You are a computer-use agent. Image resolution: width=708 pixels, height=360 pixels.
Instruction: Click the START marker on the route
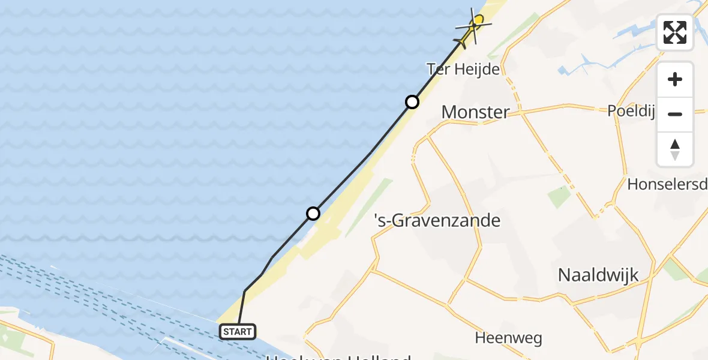tap(238, 331)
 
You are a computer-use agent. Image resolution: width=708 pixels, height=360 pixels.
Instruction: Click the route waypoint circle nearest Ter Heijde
tap(412, 102)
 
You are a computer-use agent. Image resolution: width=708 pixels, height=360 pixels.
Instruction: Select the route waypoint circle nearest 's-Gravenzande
tap(313, 213)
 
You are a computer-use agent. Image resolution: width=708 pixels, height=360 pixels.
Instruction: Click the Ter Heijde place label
tap(463, 69)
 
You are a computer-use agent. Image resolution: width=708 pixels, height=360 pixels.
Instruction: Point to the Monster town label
tap(475, 112)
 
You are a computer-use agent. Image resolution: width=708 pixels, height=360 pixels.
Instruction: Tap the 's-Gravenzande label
tap(437, 221)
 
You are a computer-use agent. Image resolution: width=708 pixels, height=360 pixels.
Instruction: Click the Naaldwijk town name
tap(598, 275)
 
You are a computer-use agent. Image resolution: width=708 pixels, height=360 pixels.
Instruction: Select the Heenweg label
tap(508, 338)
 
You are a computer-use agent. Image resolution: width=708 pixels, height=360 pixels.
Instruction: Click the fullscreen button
tap(675, 32)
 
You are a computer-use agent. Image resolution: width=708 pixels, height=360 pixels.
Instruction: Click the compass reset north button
tap(675, 149)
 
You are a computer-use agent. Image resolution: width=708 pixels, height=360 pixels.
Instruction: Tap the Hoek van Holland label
tap(338, 356)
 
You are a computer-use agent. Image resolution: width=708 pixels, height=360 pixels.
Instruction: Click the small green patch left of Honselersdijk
tap(559, 196)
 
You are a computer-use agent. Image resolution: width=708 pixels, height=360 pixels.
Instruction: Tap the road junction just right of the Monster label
tap(520, 111)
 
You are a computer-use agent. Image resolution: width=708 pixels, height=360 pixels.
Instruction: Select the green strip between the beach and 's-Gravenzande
tap(369, 207)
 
